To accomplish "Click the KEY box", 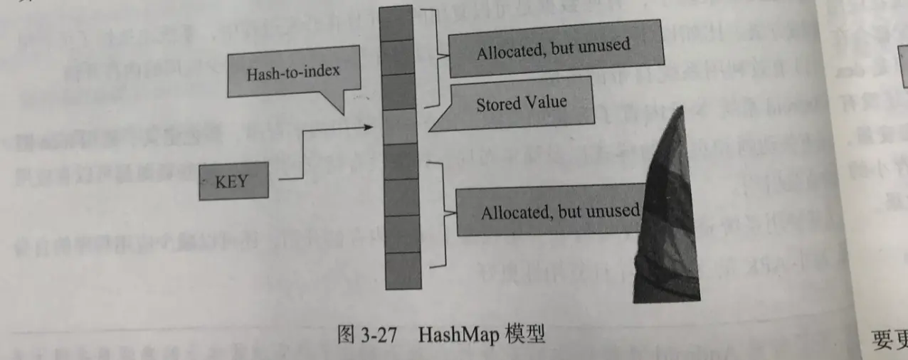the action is (x=233, y=181).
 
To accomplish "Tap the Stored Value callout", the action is (x=522, y=103).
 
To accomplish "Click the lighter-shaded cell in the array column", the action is (x=399, y=126).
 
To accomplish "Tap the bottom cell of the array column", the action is (x=403, y=270).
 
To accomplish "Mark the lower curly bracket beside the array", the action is (x=443, y=213).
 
